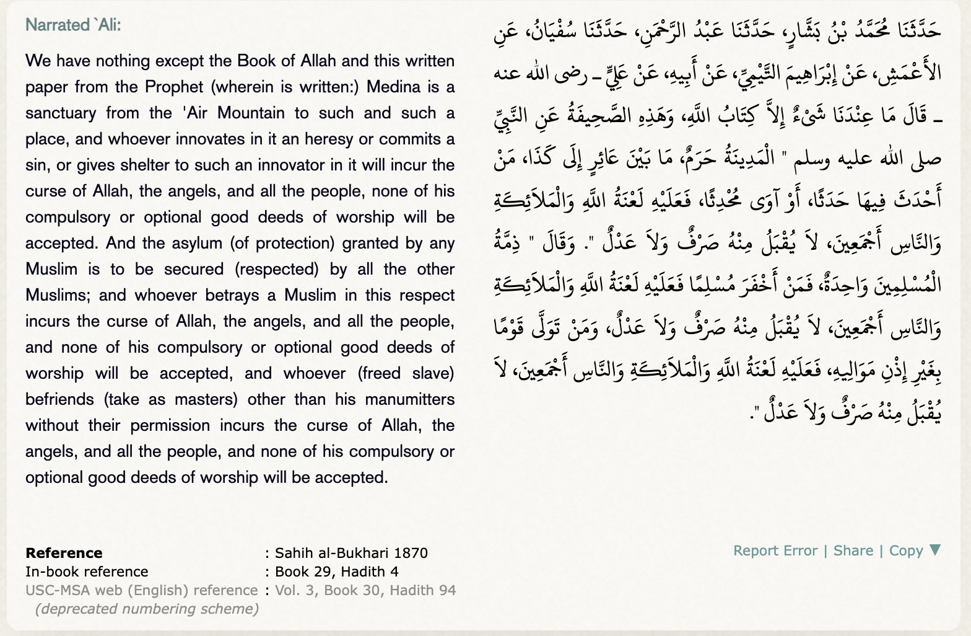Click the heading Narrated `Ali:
(x=73, y=25)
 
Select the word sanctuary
(x=61, y=113)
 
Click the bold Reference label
(x=64, y=553)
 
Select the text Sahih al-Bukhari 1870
(x=351, y=553)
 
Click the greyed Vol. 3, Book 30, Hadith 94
(x=365, y=590)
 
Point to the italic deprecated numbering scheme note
(x=147, y=609)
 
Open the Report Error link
(x=775, y=550)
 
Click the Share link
(x=853, y=550)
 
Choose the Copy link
(x=906, y=550)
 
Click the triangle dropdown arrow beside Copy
(x=935, y=550)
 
